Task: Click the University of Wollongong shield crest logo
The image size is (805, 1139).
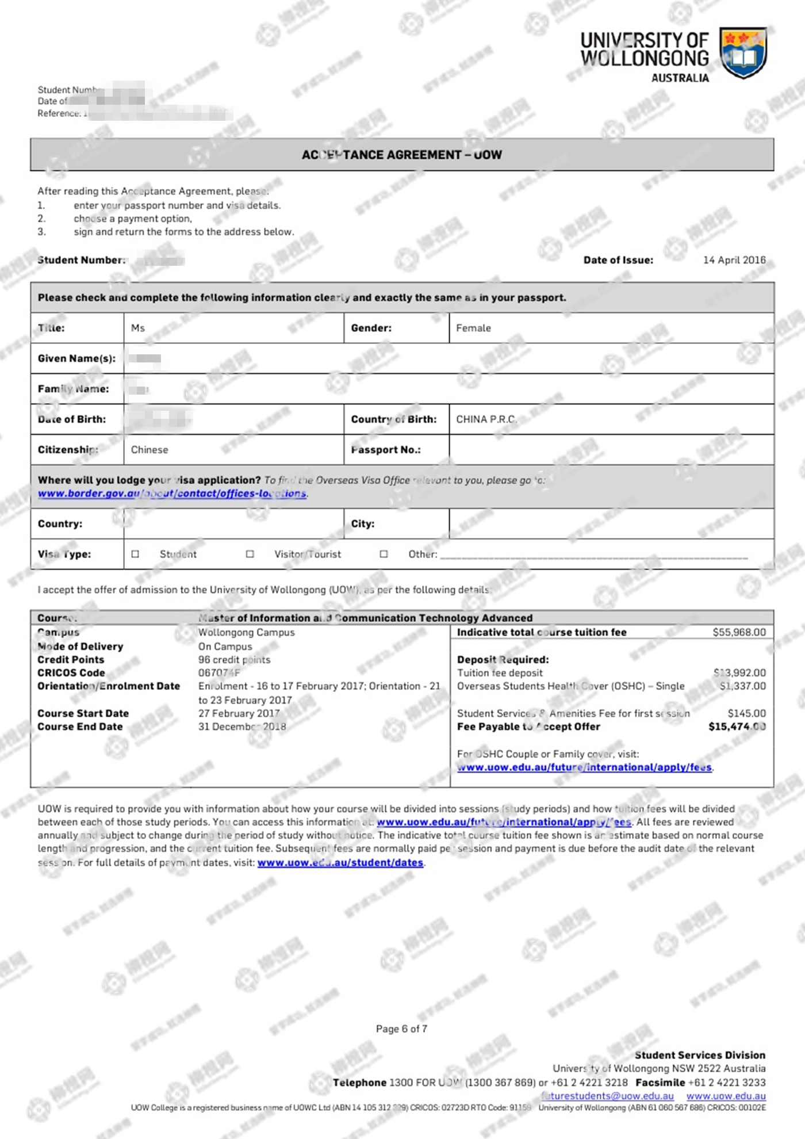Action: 743,52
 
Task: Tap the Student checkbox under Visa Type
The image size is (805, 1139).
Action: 135,554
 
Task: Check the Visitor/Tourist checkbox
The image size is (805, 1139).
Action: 250,554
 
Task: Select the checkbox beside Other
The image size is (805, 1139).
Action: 384,554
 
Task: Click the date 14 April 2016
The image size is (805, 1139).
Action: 734,260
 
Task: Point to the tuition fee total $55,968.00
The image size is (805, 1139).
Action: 739,632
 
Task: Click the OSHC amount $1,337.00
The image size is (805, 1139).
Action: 742,686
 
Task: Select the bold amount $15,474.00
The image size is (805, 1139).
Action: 737,727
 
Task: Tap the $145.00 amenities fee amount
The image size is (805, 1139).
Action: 746,713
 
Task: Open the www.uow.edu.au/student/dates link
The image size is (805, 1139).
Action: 340,863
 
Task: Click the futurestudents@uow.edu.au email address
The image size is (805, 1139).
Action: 607,1096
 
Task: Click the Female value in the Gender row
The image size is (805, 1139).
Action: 473,328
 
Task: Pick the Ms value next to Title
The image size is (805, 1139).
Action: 138,328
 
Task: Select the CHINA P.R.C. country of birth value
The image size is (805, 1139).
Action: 486,419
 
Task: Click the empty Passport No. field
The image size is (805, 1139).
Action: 611,450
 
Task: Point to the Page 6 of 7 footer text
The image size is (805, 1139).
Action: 401,1029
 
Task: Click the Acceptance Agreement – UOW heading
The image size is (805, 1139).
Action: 401,155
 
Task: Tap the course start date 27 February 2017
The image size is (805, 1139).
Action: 239,713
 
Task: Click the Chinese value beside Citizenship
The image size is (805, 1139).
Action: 149,450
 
